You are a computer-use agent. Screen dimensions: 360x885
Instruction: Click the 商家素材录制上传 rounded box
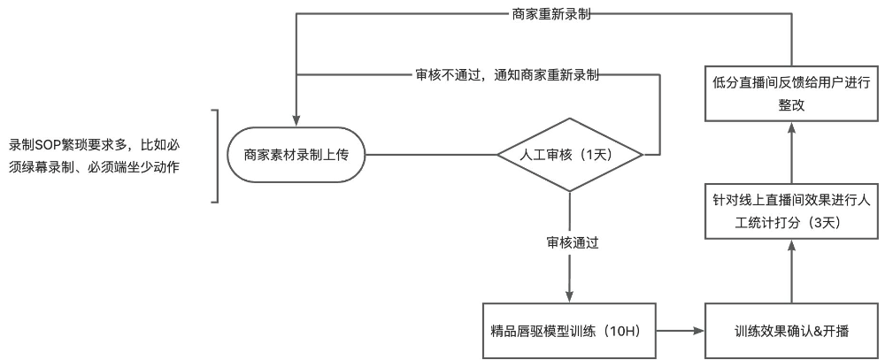point(296,156)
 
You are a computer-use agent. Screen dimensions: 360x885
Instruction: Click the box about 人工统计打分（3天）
point(792,211)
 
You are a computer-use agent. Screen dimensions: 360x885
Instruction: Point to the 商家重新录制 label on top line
point(551,15)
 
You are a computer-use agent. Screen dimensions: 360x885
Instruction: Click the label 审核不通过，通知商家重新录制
point(507,74)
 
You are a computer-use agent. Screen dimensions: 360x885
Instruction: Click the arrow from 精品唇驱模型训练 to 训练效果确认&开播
point(681,331)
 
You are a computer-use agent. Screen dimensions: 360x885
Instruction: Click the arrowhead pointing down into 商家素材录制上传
point(296,122)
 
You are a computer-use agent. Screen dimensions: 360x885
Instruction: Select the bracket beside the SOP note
point(215,156)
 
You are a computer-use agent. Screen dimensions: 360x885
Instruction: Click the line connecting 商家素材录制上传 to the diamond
point(430,156)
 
